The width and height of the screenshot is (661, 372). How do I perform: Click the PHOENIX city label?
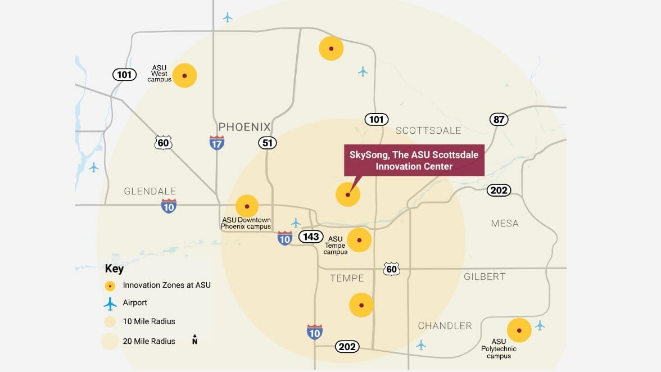[x=245, y=127]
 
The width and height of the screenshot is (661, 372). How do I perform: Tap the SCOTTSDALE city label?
[x=428, y=130]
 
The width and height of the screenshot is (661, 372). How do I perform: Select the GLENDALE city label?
[x=150, y=192]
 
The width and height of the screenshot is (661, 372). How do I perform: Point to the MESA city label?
[x=504, y=223]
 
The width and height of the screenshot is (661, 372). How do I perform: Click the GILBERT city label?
[x=484, y=276]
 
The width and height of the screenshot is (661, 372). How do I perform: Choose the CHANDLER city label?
[x=445, y=326]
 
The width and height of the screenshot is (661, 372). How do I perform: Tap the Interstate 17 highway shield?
[x=216, y=142]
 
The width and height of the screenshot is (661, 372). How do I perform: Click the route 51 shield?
[x=268, y=143]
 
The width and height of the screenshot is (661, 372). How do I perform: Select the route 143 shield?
[x=311, y=237]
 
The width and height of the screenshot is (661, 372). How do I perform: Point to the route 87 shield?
[x=499, y=119]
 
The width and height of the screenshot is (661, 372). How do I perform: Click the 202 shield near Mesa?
[x=499, y=190]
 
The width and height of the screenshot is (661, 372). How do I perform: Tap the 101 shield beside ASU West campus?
[x=124, y=74]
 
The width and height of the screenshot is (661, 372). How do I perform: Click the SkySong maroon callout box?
[x=414, y=161]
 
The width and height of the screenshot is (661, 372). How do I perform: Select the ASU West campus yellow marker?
[x=184, y=75]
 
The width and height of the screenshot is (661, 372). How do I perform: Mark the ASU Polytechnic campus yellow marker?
[x=519, y=330]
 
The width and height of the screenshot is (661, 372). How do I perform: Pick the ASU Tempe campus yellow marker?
[x=359, y=240]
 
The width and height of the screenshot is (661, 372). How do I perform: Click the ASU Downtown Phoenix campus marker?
[x=247, y=206]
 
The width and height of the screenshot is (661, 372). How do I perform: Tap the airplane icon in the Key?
[x=110, y=303]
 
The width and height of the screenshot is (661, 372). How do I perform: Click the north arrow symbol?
[x=194, y=339]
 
